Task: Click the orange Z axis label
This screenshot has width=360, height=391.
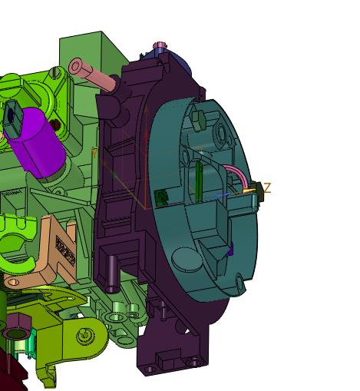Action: (x=267, y=188)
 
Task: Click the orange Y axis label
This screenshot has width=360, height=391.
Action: (x=94, y=153)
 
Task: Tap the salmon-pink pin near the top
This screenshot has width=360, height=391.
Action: (x=92, y=75)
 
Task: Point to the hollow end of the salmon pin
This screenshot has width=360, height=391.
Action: (x=75, y=66)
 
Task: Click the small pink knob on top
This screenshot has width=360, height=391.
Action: (x=160, y=45)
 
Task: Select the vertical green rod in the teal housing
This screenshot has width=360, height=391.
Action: (x=199, y=181)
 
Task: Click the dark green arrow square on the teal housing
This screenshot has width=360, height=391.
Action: (x=161, y=197)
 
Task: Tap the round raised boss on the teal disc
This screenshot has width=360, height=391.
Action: (x=186, y=258)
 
